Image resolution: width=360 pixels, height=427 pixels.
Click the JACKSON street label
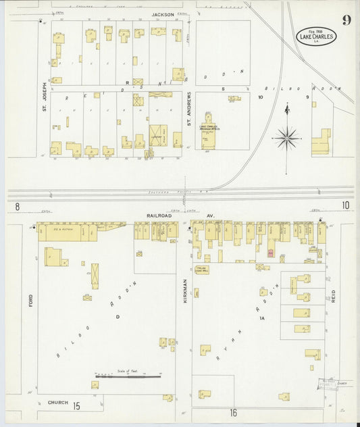(163, 14)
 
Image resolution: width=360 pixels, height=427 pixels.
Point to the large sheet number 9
(346, 20)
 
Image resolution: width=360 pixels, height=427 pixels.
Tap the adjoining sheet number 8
(17, 205)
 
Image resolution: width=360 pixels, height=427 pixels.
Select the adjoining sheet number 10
(345, 205)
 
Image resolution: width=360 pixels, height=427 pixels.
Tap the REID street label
(333, 295)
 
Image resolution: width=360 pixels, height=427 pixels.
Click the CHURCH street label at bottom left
(57, 403)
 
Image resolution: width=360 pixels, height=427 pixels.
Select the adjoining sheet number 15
(77, 405)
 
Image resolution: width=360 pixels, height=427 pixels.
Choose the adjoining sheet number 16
(234, 412)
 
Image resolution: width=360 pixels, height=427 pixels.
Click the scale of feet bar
(128, 376)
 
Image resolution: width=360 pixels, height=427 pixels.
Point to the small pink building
(272, 253)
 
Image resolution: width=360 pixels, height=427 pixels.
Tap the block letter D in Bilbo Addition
(116, 316)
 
